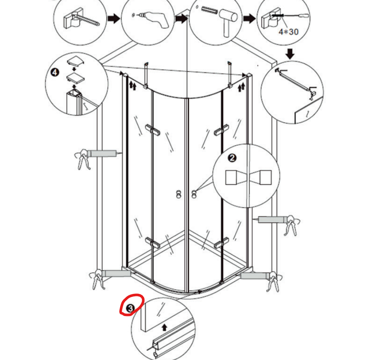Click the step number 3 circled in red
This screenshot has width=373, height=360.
click(131, 308)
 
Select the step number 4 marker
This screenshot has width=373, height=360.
click(54, 72)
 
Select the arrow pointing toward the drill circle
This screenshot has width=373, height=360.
click(113, 19)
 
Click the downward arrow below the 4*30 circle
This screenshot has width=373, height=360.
click(290, 54)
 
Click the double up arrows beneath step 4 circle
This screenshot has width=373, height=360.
click(132, 86)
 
